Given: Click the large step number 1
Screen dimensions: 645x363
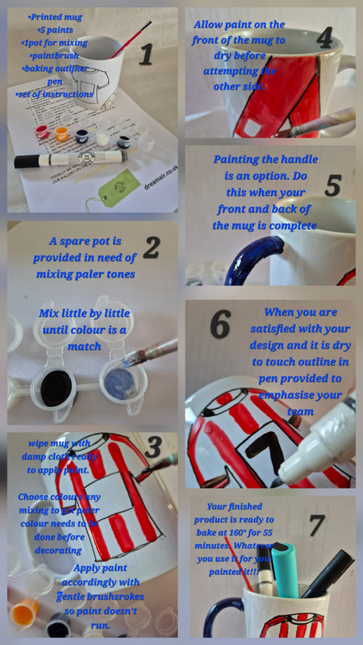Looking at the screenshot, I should pos(145,54).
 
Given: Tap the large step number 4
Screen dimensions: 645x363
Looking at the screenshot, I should pos(324,37).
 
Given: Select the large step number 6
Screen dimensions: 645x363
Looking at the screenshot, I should pos(219,322).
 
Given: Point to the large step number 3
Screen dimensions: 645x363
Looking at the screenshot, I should pos(153,446).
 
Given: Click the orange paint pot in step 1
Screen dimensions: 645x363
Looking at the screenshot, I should pos(60,132).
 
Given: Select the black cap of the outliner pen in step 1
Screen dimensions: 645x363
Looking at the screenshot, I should pos(26,161).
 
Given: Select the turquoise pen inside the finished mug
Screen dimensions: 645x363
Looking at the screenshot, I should pos(285,568).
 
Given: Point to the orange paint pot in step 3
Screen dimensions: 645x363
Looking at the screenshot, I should pos(23,616).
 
